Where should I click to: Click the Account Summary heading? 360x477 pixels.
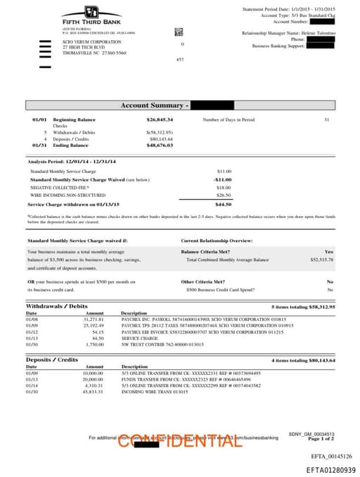152,106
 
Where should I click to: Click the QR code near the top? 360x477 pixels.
179,32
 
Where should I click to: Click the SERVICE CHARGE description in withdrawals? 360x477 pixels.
137,338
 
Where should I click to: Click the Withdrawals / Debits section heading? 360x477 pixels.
57,307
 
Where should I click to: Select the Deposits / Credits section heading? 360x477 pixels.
52,360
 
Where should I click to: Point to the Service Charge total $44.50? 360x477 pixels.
224,204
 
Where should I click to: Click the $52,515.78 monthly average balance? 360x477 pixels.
321,260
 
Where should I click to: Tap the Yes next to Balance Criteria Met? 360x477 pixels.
329,251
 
